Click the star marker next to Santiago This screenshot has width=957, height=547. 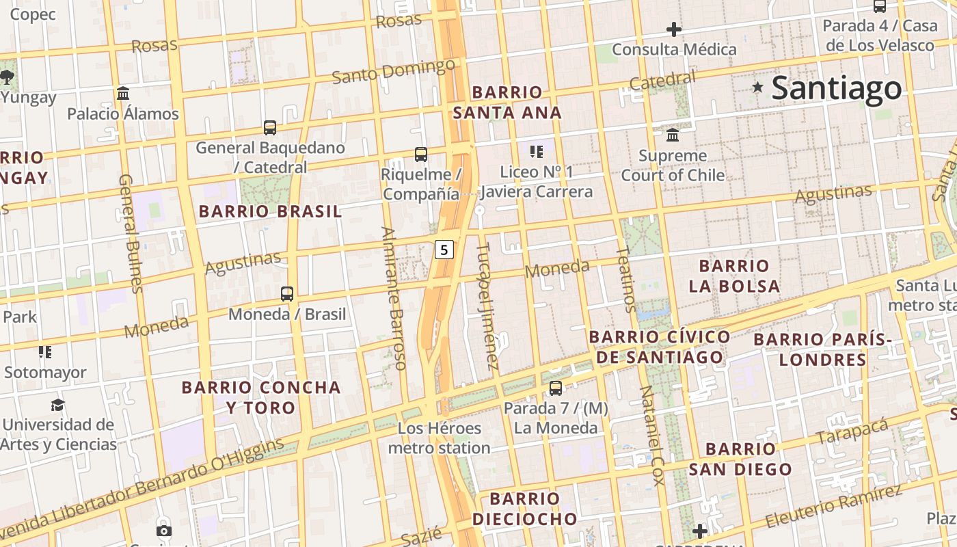(x=757, y=87)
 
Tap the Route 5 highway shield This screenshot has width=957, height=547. (x=444, y=250)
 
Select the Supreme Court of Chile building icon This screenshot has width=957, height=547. (x=673, y=134)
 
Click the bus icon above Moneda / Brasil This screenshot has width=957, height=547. (x=287, y=294)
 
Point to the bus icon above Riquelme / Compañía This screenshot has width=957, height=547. (x=421, y=155)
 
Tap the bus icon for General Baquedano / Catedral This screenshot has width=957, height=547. (x=270, y=127)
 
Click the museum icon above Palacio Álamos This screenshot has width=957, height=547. (x=123, y=93)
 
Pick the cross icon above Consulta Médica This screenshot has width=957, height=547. (x=674, y=29)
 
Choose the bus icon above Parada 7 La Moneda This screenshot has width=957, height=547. (x=556, y=388)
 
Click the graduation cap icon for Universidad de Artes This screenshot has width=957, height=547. (x=58, y=405)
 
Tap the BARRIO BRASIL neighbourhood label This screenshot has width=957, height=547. (x=270, y=211)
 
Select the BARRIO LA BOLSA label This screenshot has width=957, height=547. (x=734, y=276)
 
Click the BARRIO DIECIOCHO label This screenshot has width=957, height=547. (x=525, y=509)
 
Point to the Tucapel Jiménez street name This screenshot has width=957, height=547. (x=487, y=306)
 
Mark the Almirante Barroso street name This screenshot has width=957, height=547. (x=394, y=298)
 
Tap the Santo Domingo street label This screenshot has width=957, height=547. (x=394, y=71)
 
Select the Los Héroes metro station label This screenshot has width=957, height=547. (x=440, y=438)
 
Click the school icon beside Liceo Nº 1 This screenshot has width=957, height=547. (x=537, y=151)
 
